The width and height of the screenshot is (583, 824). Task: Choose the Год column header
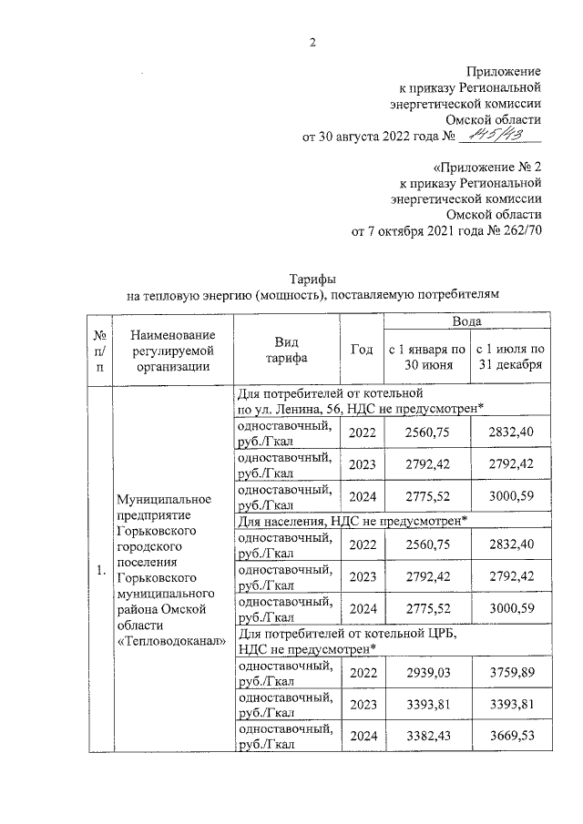362,350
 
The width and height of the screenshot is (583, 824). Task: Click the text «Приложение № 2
488,168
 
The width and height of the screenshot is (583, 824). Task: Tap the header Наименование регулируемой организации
171,351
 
